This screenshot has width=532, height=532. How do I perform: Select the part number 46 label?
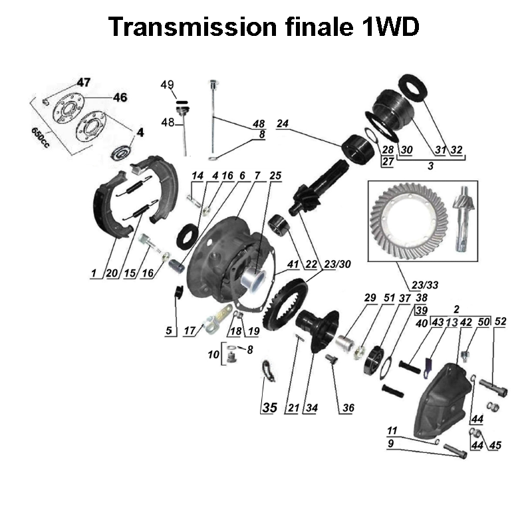pos(119,97)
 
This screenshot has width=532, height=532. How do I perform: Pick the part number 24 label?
pos(281,124)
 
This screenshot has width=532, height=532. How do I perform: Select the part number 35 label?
pos(268,408)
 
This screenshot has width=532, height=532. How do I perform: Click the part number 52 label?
pos(501,321)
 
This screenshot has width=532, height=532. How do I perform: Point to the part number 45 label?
pos(494,446)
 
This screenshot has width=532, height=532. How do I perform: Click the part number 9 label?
pos(390,443)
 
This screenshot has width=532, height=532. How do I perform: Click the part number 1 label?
pos(95,273)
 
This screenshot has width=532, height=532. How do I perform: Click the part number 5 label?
pos(168,329)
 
